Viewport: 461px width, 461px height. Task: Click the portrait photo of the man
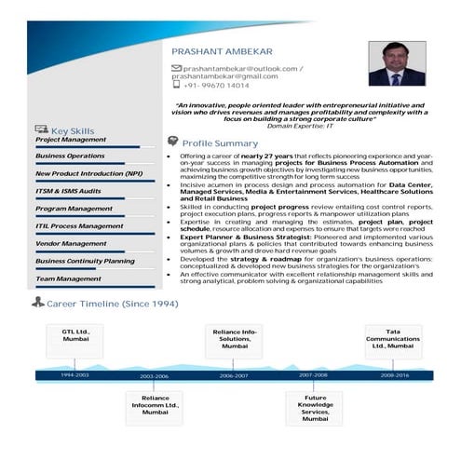coord(397,63)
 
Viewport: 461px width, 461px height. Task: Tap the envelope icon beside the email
coord(176,69)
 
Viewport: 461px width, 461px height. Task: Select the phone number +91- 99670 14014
coord(216,86)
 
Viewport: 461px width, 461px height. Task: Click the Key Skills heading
coord(72,131)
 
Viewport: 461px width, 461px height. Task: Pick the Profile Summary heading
coord(220,143)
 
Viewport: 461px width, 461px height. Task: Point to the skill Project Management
coord(71,140)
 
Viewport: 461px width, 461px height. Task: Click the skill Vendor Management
coord(71,243)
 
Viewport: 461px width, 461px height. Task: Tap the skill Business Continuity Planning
coord(85,261)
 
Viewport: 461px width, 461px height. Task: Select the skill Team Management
coord(68,278)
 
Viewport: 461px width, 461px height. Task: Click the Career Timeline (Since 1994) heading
coord(112,304)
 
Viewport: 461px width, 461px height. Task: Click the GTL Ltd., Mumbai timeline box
coord(75,342)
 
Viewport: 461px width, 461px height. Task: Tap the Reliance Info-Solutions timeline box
coord(236,342)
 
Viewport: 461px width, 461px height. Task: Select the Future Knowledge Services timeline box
coord(315,408)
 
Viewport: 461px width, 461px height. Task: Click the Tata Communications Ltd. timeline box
coord(392,342)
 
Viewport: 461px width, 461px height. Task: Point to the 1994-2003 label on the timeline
coord(75,374)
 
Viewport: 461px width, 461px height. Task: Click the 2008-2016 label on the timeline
coord(394,374)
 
